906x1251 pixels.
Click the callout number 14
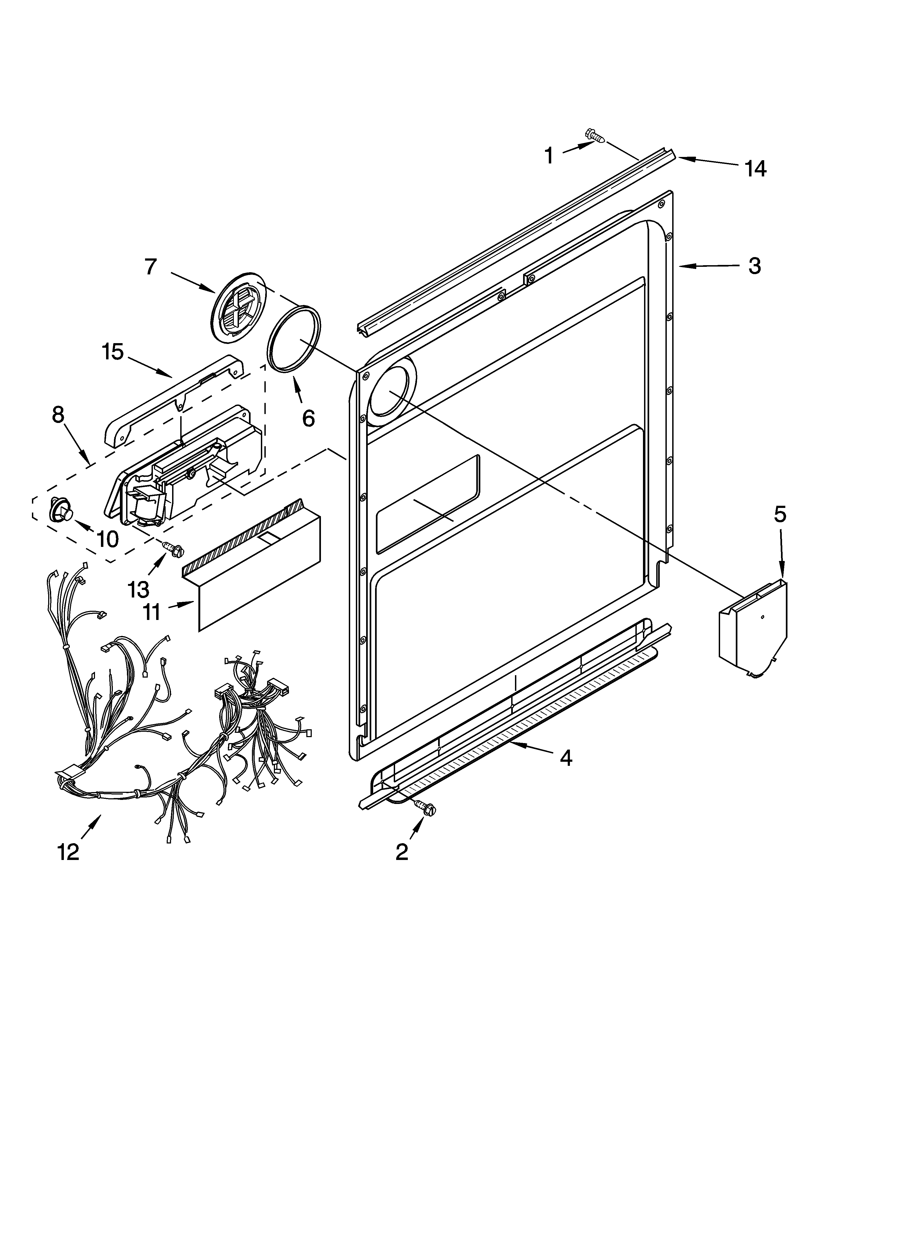pyautogui.click(x=755, y=169)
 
